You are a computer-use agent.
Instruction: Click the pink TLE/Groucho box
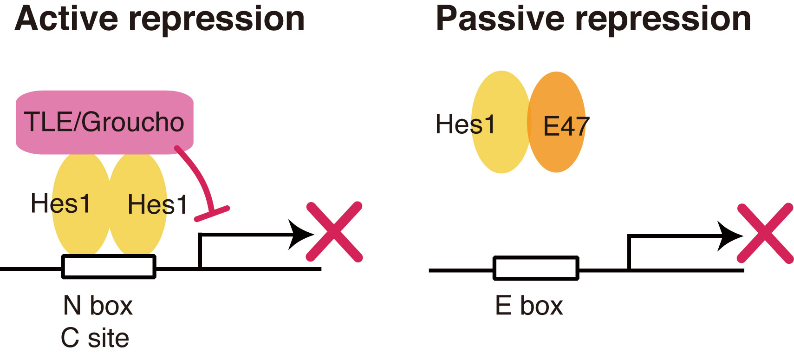click(104, 122)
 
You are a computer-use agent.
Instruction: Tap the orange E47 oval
click(557, 122)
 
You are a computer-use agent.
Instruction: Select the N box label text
click(98, 306)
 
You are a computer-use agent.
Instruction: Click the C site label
click(95, 338)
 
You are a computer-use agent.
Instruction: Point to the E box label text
click(529, 306)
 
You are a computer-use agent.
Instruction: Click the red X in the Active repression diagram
click(334, 231)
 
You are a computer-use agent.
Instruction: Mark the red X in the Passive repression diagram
click(765, 233)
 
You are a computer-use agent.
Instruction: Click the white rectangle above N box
click(109, 267)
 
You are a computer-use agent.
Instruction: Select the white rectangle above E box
click(536, 268)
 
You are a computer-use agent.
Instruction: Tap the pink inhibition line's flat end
click(212, 213)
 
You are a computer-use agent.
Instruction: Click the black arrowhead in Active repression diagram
click(301, 234)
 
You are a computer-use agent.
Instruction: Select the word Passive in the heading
click(500, 20)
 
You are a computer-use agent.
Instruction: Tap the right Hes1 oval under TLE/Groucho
click(138, 204)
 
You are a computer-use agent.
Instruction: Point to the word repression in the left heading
click(216, 20)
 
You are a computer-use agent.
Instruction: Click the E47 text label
click(566, 126)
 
